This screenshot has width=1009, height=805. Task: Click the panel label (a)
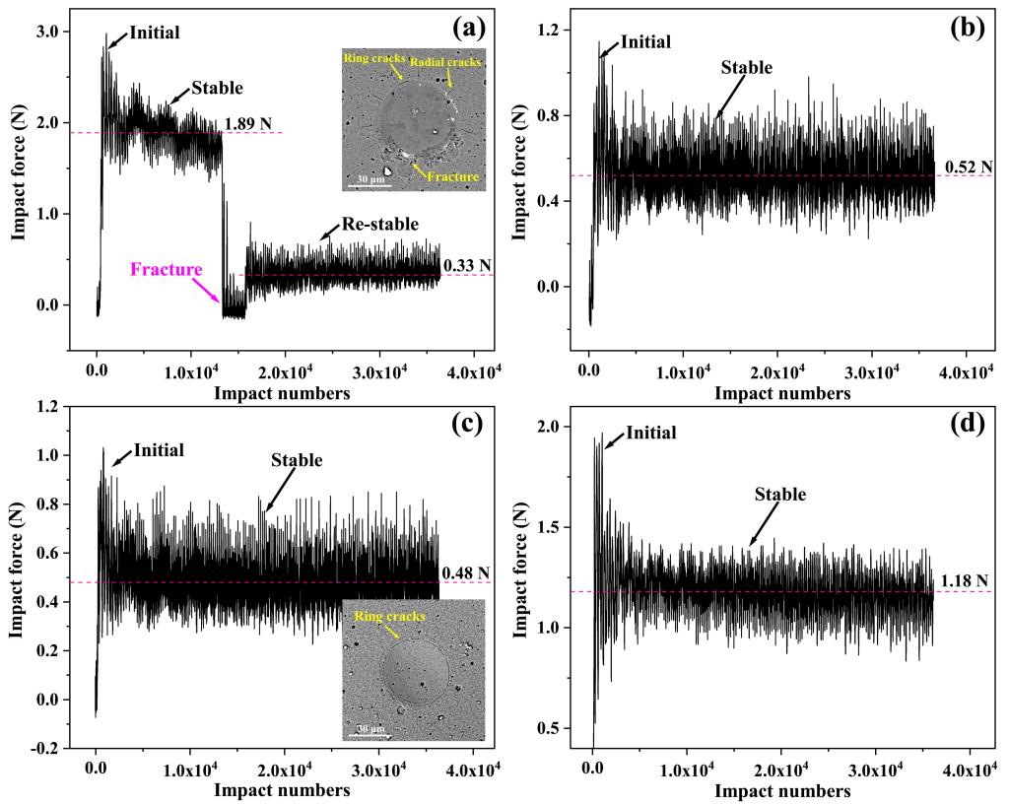click(x=469, y=28)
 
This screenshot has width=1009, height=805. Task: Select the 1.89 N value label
click(x=247, y=124)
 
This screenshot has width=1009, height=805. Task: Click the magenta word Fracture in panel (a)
click(x=168, y=268)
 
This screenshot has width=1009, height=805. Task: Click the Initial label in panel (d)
click(x=651, y=433)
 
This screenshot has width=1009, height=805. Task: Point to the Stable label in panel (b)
click(x=747, y=68)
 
